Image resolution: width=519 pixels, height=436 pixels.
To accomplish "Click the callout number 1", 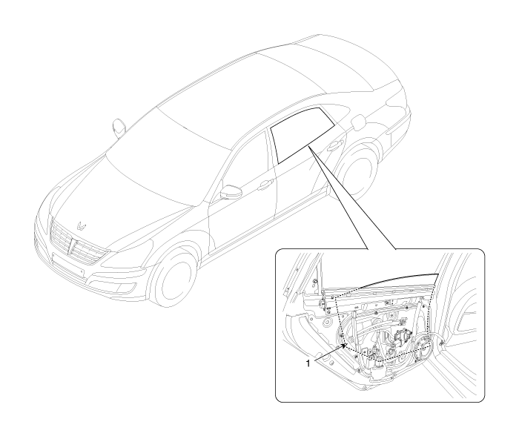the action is click(x=308, y=363).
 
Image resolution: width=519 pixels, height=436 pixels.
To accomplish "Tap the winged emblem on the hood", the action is click(x=82, y=225).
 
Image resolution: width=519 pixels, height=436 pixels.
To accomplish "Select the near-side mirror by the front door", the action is click(x=231, y=193).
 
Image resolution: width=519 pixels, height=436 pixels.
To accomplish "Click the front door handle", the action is click(x=265, y=185).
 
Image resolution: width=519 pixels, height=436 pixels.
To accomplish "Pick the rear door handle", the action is click(x=334, y=145).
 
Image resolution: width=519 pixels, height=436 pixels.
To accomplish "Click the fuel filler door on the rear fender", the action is click(x=358, y=122).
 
